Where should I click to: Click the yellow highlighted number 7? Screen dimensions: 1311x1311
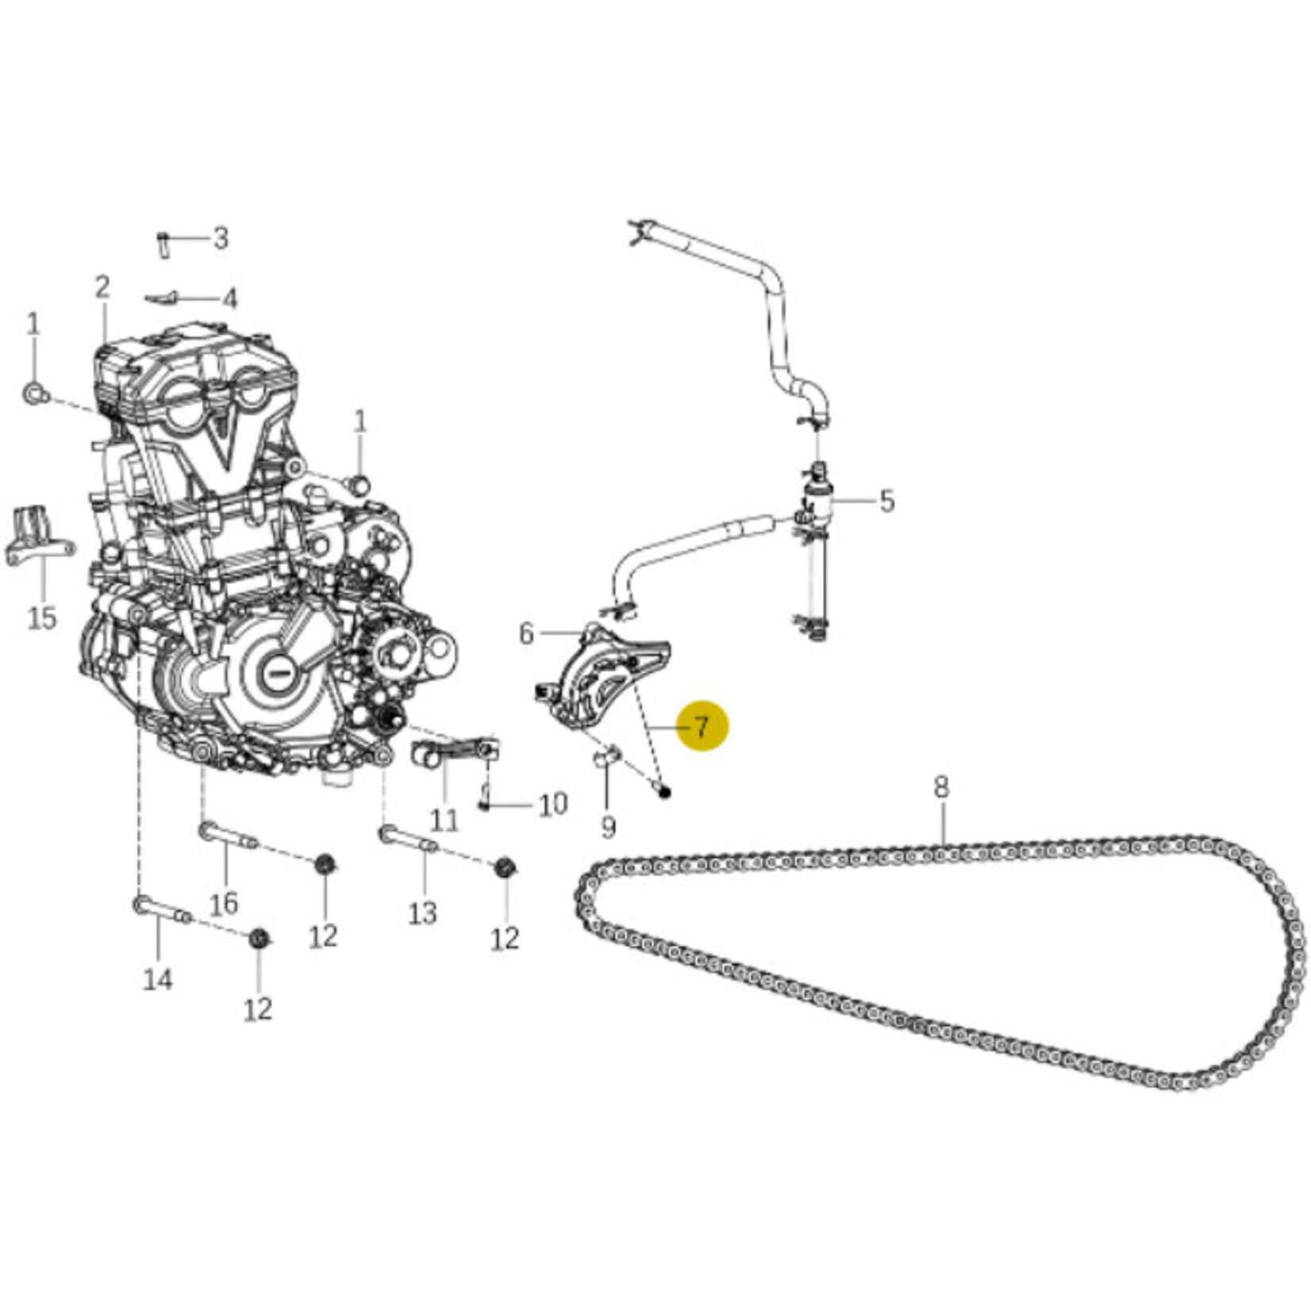pyautogui.click(x=701, y=725)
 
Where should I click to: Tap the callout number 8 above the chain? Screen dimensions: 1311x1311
pyautogui.click(x=940, y=787)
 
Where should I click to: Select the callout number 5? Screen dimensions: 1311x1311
pyautogui.click(x=886, y=501)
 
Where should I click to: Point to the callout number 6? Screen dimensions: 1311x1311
pyautogui.click(x=526, y=633)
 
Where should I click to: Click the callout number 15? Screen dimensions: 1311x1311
pyautogui.click(x=42, y=617)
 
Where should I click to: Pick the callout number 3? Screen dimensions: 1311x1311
pyautogui.click(x=221, y=237)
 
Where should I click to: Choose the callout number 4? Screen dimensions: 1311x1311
pyautogui.click(x=229, y=299)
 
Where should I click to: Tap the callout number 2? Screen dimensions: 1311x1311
pyautogui.click(x=102, y=287)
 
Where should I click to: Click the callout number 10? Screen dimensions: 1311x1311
pyautogui.click(x=553, y=804)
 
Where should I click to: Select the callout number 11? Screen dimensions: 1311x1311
pyautogui.click(x=444, y=820)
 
